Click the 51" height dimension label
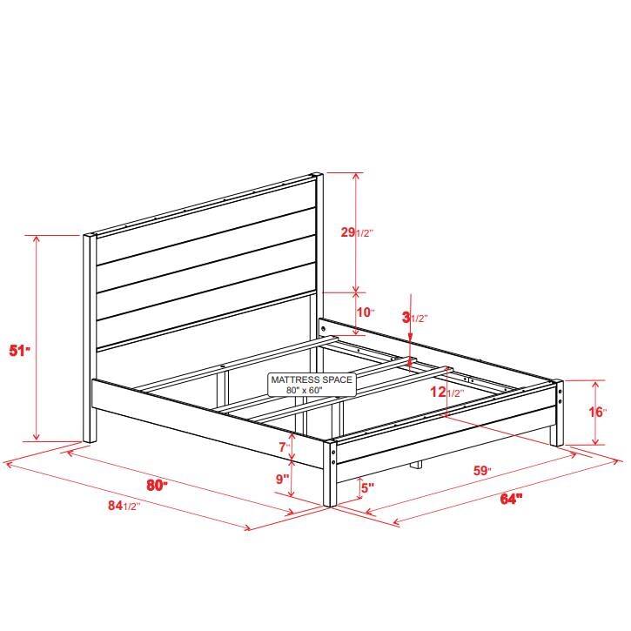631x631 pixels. (x=20, y=351)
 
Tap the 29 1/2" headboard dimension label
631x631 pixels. (x=357, y=232)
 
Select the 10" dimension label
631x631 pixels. (x=365, y=312)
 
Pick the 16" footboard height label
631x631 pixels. (x=597, y=412)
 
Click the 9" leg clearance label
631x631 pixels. (x=284, y=478)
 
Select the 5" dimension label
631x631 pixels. (x=366, y=488)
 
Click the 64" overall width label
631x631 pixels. (x=511, y=499)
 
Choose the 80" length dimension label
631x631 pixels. (x=157, y=486)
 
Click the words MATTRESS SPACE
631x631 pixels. (x=311, y=380)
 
